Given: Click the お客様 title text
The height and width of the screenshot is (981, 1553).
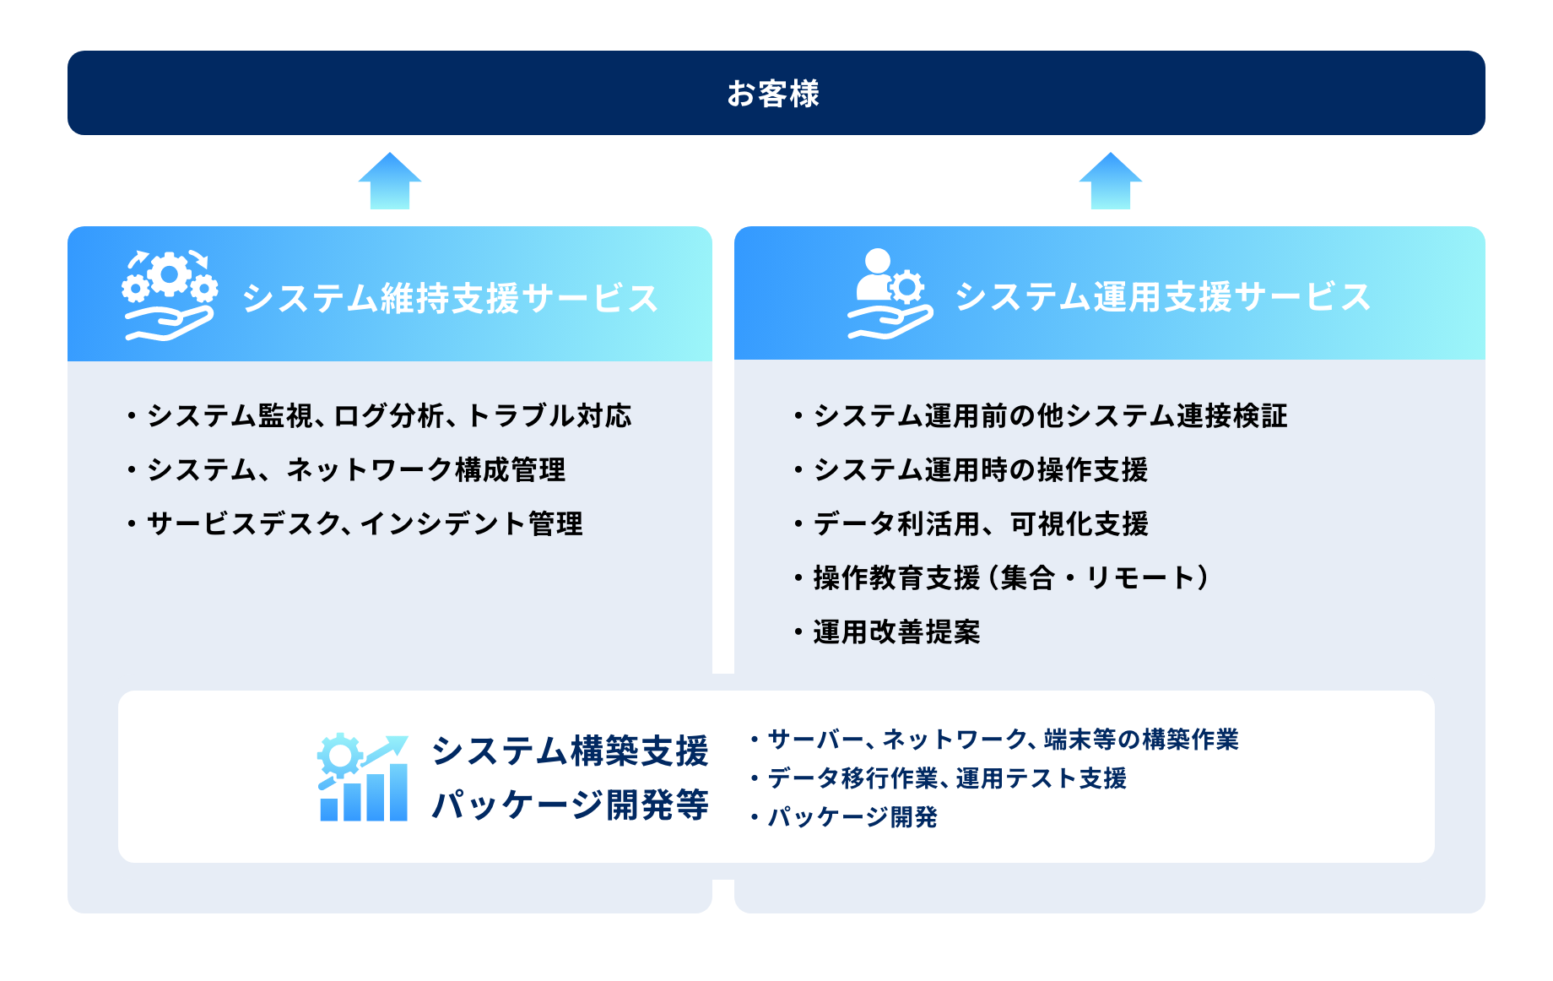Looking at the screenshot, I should (773, 94).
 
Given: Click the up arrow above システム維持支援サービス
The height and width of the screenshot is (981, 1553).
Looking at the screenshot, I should (389, 182).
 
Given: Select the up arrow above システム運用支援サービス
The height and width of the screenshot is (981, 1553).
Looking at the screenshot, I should (1110, 182).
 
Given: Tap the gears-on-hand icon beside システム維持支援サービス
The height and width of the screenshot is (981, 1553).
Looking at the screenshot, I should (170, 295).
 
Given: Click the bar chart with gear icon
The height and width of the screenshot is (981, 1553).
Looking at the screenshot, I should (364, 778).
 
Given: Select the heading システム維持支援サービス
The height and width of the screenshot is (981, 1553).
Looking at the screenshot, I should (450, 298).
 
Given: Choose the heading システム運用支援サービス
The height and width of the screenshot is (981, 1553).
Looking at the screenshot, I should (1162, 296).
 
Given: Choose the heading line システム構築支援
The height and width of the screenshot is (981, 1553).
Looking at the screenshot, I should (570, 751).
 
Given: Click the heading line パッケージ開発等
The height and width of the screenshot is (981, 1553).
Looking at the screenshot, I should (570, 805).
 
